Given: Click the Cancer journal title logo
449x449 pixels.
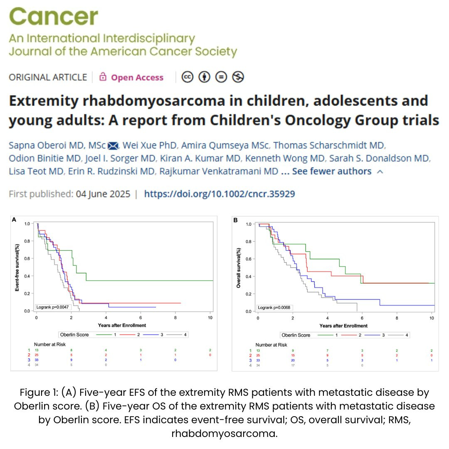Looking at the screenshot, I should click(x=53, y=17).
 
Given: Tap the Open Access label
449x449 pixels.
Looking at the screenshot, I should click(x=137, y=78).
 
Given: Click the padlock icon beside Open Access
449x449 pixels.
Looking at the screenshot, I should click(x=103, y=77).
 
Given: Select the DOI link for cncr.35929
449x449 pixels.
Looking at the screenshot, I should click(x=220, y=194).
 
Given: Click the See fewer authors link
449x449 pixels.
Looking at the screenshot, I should click(x=331, y=171).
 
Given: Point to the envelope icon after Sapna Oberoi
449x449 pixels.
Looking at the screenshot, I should click(x=113, y=146).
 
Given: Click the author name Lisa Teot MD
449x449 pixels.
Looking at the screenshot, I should click(x=31, y=171).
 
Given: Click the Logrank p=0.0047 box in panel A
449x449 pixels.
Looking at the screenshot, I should click(x=52, y=307).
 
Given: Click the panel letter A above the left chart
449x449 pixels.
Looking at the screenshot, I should click(x=15, y=219).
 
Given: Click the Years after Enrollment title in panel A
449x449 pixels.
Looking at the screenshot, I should click(x=122, y=325).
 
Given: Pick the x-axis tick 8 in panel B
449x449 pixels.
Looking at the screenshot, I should click(x=397, y=318).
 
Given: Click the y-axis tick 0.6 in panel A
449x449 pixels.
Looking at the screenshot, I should click(x=28, y=259).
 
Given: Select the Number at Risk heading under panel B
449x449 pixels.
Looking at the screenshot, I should click(x=271, y=345).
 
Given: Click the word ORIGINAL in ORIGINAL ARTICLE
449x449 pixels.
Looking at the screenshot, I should click(x=27, y=78).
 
